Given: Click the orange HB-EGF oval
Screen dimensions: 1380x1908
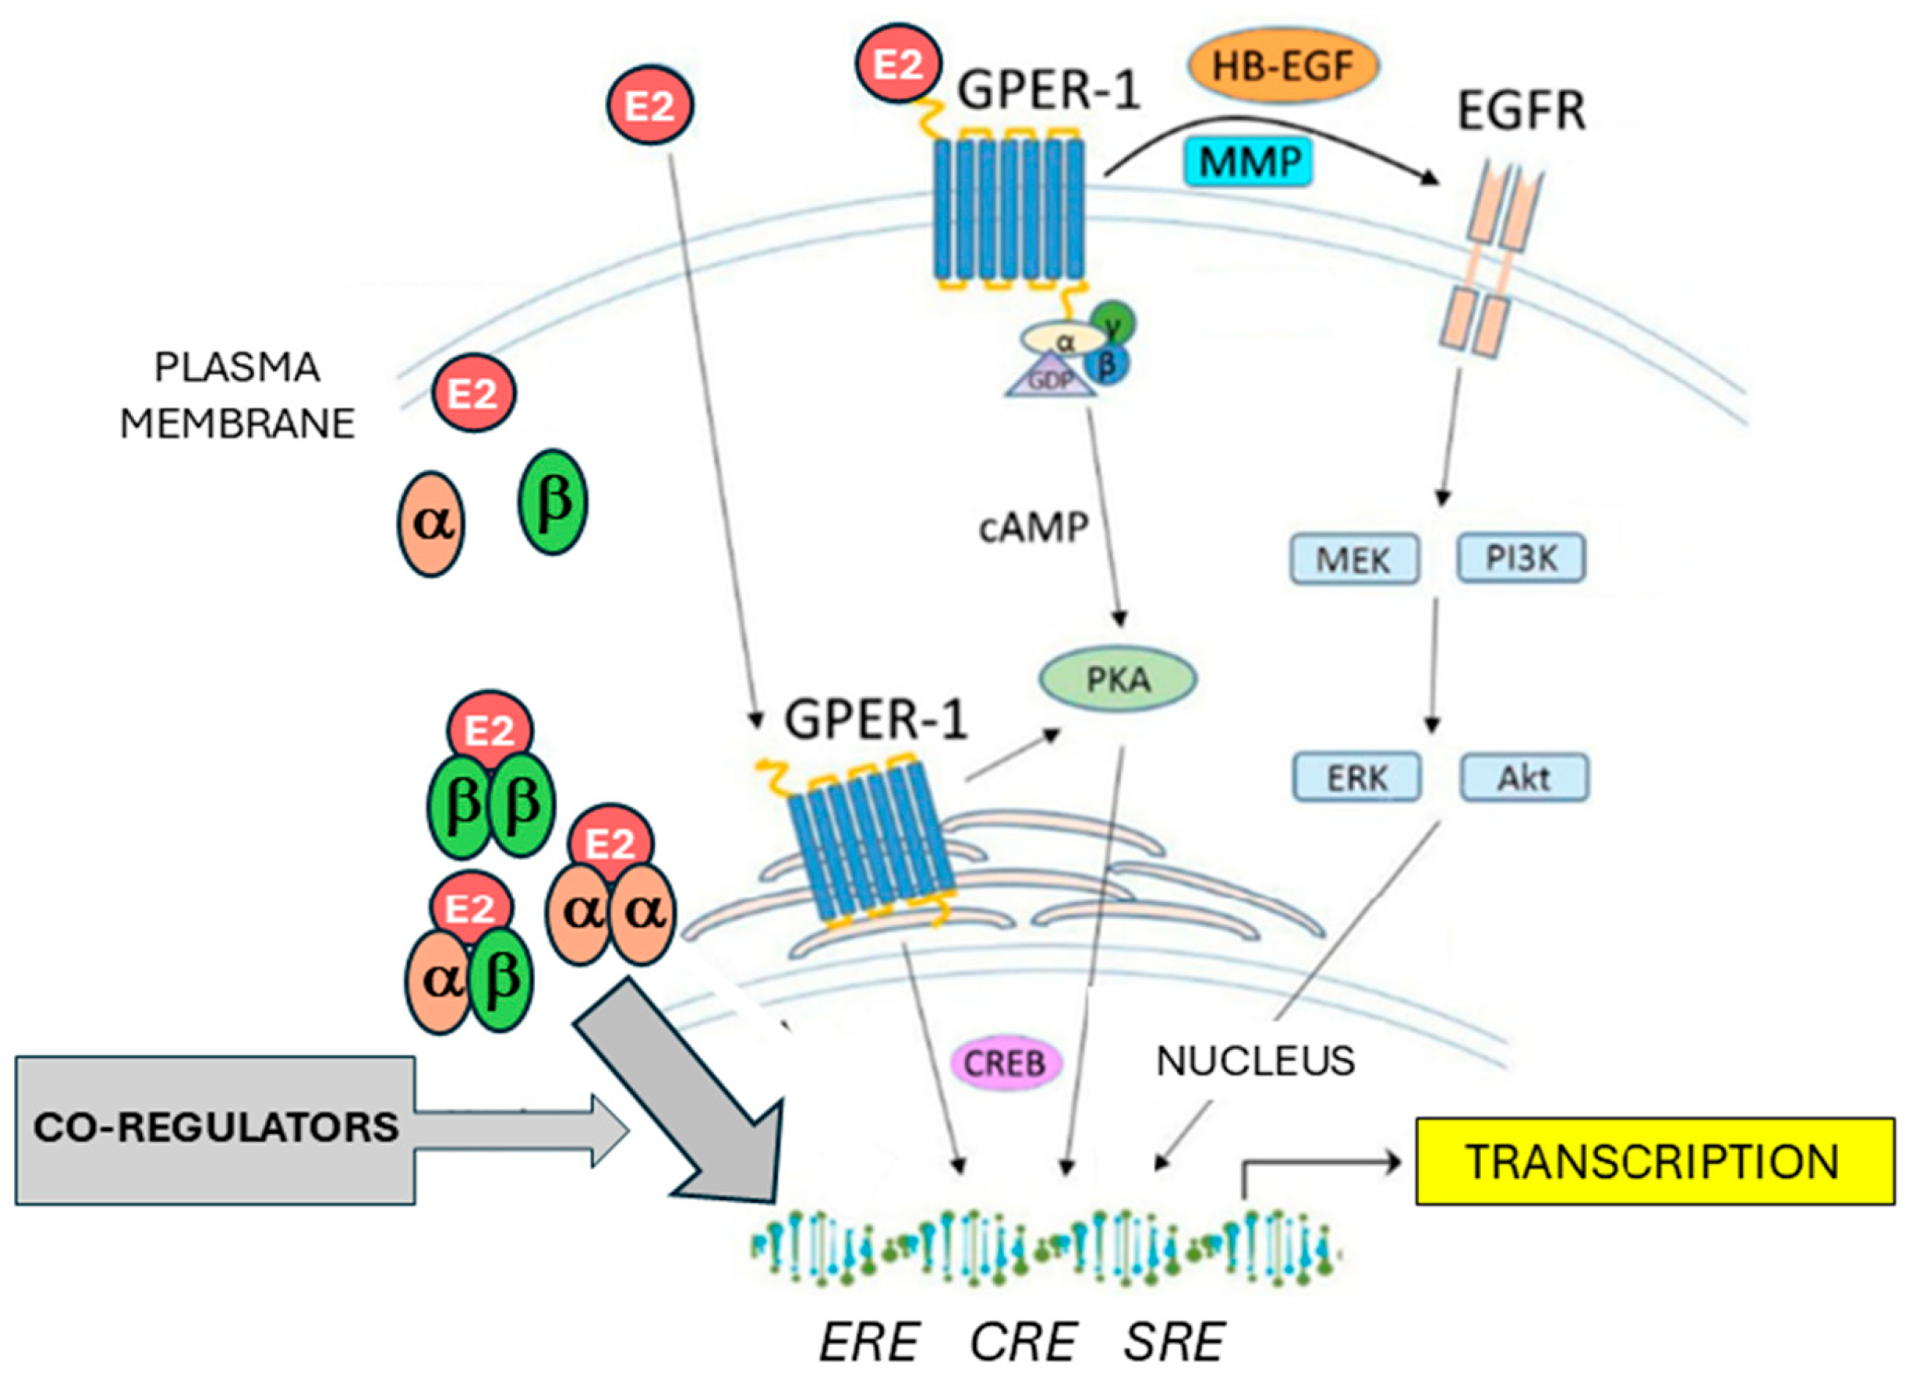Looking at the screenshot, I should [1282, 65].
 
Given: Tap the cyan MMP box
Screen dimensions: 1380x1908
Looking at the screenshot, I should [1248, 161].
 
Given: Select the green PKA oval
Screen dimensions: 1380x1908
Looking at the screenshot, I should [1117, 680].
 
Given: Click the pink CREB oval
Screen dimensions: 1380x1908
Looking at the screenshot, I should [1005, 1064].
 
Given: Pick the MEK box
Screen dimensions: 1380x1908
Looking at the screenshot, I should [1353, 559].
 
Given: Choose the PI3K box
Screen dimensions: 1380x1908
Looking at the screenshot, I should [1520, 557].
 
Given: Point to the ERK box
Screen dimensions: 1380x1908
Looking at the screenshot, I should [1356, 778].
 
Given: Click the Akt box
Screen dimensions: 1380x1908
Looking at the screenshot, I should [1523, 778].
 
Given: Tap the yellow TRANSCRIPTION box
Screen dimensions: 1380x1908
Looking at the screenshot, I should [1654, 1161].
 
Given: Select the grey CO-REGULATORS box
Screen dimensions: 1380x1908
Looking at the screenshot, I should [215, 1129].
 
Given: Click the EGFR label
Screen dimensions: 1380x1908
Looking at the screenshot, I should [1520, 111].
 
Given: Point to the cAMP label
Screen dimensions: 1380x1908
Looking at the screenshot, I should [1033, 528].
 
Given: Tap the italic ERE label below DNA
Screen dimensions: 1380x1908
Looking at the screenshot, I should [869, 1341].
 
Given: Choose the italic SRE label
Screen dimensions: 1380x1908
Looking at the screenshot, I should [1174, 1341].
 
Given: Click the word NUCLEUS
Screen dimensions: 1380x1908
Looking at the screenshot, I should [1255, 1061].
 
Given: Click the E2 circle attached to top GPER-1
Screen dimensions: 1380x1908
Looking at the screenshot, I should [898, 65].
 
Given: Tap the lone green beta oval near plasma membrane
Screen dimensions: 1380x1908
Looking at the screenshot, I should [552, 502].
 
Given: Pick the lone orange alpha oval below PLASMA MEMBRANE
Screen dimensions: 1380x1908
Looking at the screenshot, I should [431, 523].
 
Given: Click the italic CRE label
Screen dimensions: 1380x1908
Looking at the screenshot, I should [1022, 1341].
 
